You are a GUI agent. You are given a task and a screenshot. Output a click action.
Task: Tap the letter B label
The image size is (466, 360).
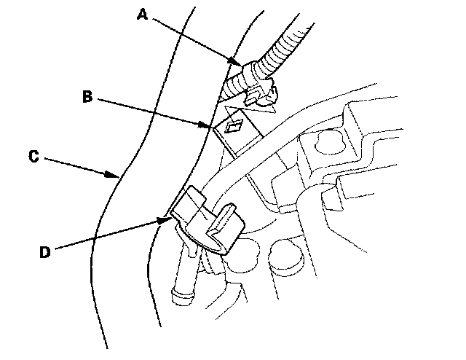[86, 96]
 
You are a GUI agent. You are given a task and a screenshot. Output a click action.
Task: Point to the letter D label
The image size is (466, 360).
[45, 252]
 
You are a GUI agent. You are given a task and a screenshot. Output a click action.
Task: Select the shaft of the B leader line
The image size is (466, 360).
[153, 111]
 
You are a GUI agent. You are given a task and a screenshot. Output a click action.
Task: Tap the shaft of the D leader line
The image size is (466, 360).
[109, 232]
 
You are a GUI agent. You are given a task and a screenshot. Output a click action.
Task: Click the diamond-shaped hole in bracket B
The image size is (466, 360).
[236, 128]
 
